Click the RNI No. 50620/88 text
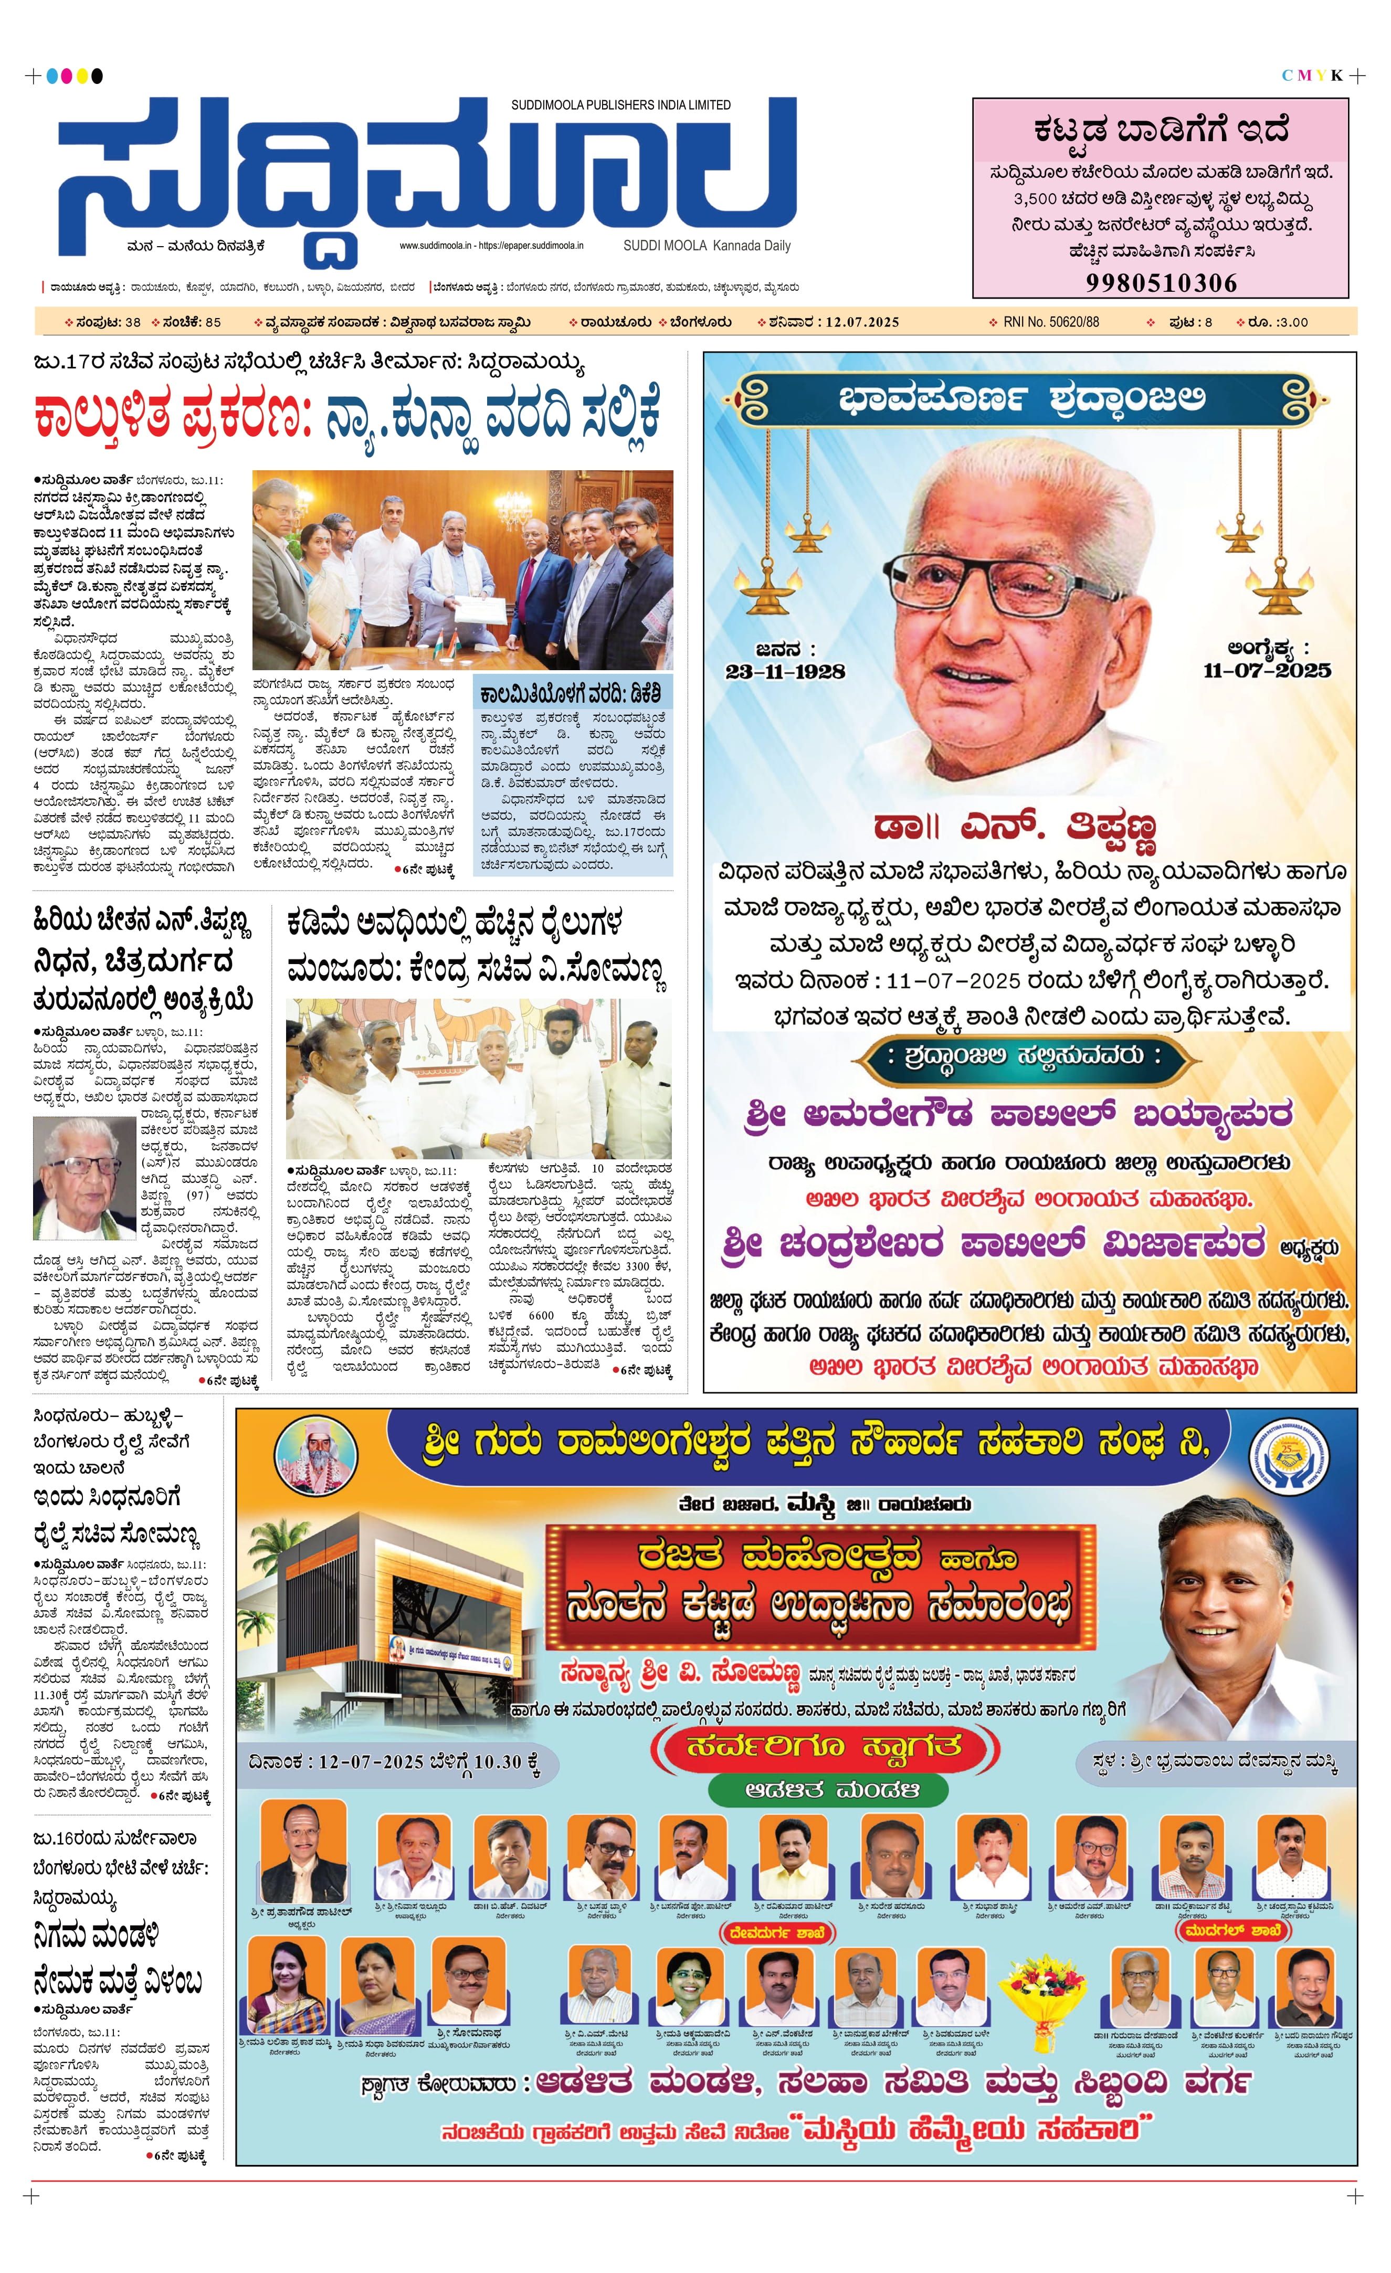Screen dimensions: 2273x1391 tap(1051, 322)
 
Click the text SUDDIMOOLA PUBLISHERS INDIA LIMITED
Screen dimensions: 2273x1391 tap(621, 105)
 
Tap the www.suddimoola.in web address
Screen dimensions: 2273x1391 tap(435, 246)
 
